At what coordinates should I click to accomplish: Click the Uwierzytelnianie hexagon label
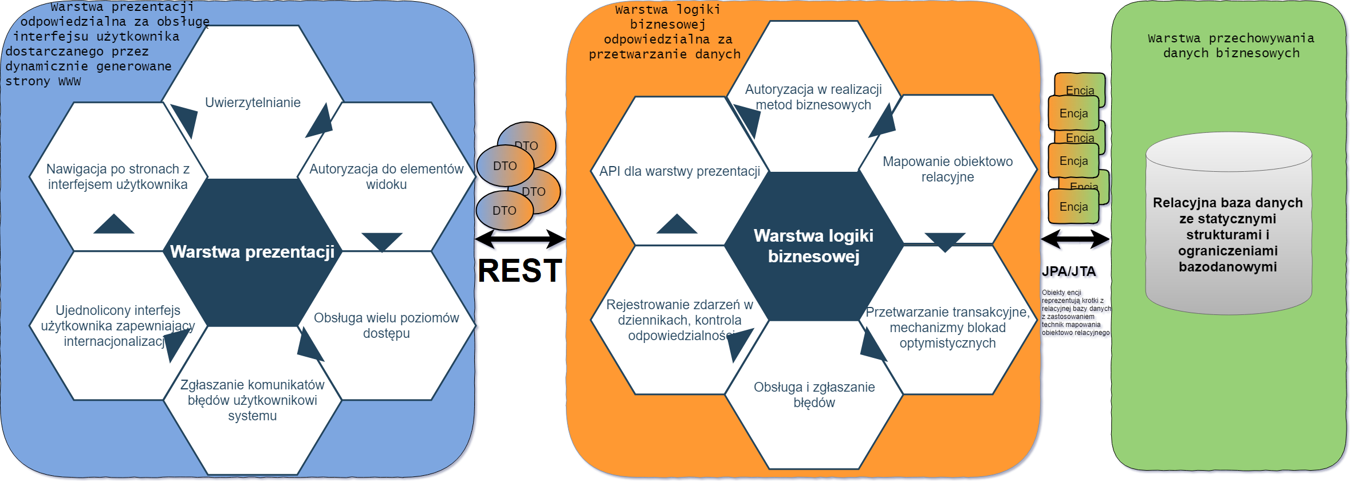coord(253,102)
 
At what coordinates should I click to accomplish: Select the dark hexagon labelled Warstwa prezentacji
coord(252,252)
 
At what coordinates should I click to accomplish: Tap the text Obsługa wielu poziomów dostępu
coord(386,325)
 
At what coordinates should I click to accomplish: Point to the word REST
coord(519,270)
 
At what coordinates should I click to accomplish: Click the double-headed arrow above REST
coord(520,239)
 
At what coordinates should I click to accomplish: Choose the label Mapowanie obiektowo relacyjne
coord(947,169)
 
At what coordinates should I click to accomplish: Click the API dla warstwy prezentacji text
coord(679,171)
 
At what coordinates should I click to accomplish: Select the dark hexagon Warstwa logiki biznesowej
coord(813,246)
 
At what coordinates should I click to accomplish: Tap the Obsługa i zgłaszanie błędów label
coord(814,395)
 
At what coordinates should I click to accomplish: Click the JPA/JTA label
coord(1068,271)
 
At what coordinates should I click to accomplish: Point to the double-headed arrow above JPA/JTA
coord(1075,239)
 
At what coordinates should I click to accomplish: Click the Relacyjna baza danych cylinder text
coord(1227,234)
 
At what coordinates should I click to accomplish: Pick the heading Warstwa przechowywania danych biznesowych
coord(1231,45)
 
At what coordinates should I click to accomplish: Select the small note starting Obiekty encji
coord(1075,312)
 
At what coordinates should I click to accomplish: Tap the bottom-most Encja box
coord(1073,207)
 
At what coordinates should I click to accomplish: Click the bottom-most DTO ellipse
coord(504,211)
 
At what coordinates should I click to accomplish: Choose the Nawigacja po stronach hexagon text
coord(117,176)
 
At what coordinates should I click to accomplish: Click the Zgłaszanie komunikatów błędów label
coord(252,400)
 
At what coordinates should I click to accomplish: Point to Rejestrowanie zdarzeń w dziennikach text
coord(679,320)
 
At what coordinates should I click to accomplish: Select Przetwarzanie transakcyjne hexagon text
coord(947,328)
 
